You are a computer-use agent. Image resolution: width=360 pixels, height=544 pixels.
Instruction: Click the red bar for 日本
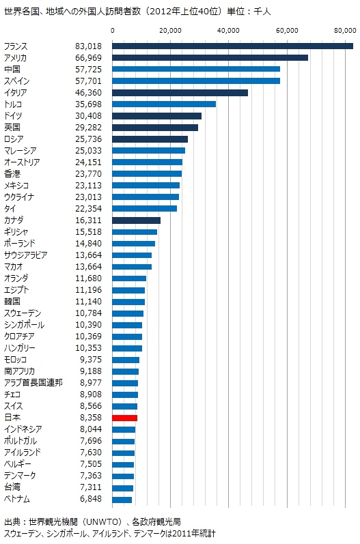coord(124,418)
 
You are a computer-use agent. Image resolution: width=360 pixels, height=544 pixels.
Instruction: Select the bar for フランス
coord(232,46)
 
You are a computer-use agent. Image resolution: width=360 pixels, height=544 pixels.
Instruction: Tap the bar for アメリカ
coord(210,57)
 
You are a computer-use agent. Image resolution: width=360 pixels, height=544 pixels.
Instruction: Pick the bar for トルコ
coord(164,104)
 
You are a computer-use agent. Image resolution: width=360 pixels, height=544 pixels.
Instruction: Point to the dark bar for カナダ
coord(136,220)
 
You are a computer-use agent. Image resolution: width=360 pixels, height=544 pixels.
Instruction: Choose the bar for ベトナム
coord(122,500)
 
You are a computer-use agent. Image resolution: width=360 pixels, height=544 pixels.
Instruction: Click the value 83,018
coord(89,46)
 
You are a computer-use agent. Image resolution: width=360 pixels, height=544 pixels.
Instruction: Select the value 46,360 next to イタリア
coord(89,93)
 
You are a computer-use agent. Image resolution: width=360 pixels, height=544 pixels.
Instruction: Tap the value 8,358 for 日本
coord(91,417)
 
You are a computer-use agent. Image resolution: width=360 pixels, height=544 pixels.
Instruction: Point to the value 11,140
coord(89,302)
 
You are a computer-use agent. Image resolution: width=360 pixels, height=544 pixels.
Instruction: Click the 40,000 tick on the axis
coord(228,31)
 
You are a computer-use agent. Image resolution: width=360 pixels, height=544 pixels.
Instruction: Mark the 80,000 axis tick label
coord(346,31)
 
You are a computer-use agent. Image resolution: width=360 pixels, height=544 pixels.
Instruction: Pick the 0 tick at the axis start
coord(113,31)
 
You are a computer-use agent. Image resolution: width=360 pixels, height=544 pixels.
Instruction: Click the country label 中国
coord(12,70)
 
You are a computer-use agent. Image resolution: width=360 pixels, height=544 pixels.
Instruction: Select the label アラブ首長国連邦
coord(33,383)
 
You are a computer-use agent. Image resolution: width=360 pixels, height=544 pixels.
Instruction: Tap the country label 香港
coord(12,174)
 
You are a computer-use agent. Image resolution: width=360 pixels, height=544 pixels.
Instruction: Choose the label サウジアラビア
coord(26,255)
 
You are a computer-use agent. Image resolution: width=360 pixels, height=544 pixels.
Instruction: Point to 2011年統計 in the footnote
coord(194,533)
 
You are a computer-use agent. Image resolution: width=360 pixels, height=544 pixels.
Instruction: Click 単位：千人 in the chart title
coord(249,12)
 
